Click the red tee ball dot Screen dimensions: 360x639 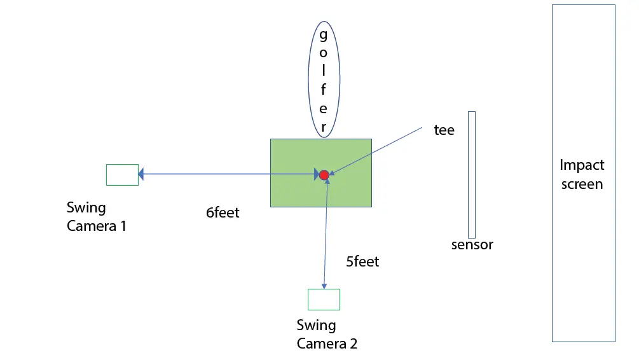pyautogui.click(x=324, y=174)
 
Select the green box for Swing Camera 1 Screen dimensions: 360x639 pyautogui.click(x=122, y=174)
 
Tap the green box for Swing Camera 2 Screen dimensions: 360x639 pyautogui.click(x=324, y=299)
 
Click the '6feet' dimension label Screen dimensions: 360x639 pyautogui.click(x=223, y=213)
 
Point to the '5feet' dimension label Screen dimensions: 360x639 pyautogui.click(x=362, y=261)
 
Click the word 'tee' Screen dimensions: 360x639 pyautogui.click(x=444, y=130)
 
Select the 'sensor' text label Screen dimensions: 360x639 pyautogui.click(x=472, y=245)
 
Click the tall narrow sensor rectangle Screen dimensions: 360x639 pyautogui.click(x=472, y=174)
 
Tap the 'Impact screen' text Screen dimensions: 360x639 pyautogui.click(x=582, y=174)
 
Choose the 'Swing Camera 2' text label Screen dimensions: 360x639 pyautogui.click(x=327, y=335)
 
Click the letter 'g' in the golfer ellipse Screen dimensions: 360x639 pyautogui.click(x=323, y=34)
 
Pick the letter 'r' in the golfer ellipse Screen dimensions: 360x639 pyautogui.click(x=323, y=126)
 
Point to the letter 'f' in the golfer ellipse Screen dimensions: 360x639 pyautogui.click(x=323, y=89)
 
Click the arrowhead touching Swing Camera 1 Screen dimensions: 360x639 pyautogui.click(x=142, y=174)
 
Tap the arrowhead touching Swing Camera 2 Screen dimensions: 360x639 pyautogui.click(x=324, y=286)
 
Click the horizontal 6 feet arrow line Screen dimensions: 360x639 pyautogui.click(x=229, y=174)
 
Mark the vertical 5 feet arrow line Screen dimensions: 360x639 pyautogui.click(x=326, y=235)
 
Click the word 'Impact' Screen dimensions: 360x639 pyautogui.click(x=582, y=165)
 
